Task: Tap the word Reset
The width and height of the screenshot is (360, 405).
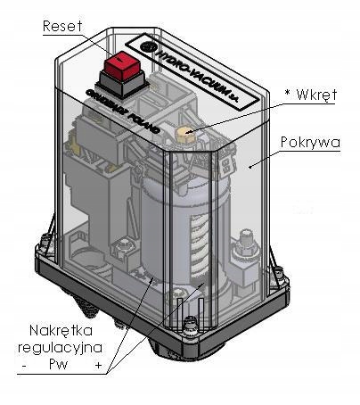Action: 62,26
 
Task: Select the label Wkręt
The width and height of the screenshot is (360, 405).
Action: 316,95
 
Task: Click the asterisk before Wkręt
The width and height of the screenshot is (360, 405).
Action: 287,92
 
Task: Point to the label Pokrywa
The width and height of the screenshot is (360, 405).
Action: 310,143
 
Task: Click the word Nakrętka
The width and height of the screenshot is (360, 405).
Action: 61,331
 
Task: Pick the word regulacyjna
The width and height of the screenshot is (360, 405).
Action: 61,348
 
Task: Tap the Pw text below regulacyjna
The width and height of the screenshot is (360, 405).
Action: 59,365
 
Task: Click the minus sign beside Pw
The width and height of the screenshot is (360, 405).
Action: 24,366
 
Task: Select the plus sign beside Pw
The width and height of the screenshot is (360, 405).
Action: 98,365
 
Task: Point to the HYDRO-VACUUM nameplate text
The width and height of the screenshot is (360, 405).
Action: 198,75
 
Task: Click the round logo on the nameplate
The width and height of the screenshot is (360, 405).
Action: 147,47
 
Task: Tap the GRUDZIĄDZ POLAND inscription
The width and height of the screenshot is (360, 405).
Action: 123,111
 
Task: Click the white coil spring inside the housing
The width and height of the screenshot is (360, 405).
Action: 199,244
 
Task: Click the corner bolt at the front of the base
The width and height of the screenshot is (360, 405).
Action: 190,324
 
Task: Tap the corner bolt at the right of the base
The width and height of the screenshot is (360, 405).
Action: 278,273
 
